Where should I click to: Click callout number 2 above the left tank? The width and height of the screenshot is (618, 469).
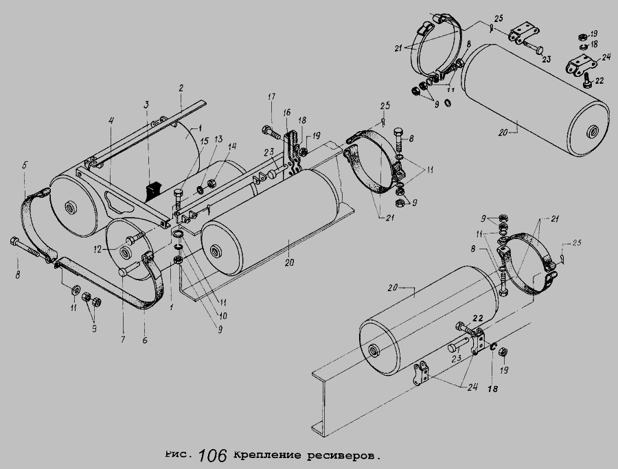[x=181, y=89]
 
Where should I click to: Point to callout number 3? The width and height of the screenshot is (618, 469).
[x=146, y=105]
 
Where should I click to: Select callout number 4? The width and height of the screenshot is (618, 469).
[x=111, y=121]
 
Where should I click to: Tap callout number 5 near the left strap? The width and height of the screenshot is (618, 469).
[x=25, y=165]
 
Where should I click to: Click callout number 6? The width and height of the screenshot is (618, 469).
[x=145, y=340]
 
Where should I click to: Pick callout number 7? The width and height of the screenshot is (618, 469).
[x=123, y=339]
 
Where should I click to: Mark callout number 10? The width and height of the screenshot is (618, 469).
[x=223, y=316]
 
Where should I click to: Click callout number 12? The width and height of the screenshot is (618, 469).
[x=98, y=249]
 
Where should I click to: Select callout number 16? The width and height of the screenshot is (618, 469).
[x=286, y=113]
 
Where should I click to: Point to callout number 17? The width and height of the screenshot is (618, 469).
[x=271, y=97]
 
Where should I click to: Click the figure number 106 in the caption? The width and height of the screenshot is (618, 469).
[x=213, y=455]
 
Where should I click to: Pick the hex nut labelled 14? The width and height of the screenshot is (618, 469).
[x=211, y=183]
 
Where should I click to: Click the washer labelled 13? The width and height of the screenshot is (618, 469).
[x=200, y=191]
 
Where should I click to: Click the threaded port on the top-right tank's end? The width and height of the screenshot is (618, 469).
[x=592, y=130]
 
